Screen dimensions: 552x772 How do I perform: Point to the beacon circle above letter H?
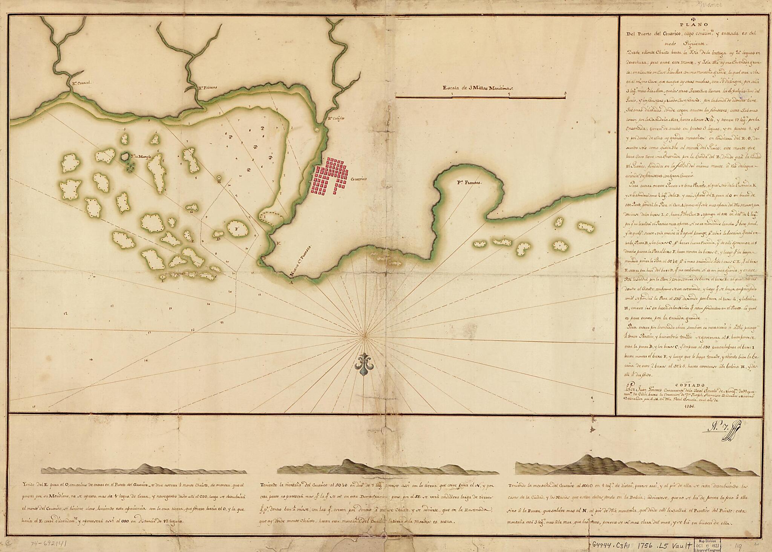point(219,177)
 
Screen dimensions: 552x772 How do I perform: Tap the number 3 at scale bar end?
point(565,93)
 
